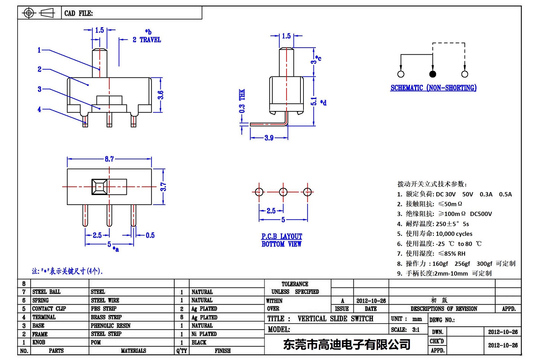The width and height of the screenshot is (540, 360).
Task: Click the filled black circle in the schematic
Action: tap(433, 74)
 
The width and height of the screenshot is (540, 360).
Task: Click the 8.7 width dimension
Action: tap(109, 159)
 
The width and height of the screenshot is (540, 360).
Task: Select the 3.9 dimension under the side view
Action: tap(269, 138)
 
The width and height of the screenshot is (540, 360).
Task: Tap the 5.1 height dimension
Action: tap(314, 101)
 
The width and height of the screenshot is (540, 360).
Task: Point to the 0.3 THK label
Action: tap(242, 101)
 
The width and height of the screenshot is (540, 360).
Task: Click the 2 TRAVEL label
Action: tap(147, 40)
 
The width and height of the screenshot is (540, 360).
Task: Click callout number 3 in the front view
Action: tap(39, 89)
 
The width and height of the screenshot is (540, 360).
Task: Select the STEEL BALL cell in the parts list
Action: tap(46, 292)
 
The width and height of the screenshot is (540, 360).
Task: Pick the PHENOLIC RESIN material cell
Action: tap(111, 326)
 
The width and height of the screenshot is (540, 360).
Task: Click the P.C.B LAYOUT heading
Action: tap(282, 236)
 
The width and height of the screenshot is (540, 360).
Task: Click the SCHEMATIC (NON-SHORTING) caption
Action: tap(433, 88)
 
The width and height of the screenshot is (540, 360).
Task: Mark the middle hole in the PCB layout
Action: tap(283, 192)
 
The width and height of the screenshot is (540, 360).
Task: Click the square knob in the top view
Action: tap(99, 187)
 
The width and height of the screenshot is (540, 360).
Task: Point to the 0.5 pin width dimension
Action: tap(150, 235)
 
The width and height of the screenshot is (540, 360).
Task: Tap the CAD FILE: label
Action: tap(79, 13)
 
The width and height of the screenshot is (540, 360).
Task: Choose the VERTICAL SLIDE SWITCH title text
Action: tap(335, 319)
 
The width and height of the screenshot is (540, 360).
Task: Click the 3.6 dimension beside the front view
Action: tap(160, 95)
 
